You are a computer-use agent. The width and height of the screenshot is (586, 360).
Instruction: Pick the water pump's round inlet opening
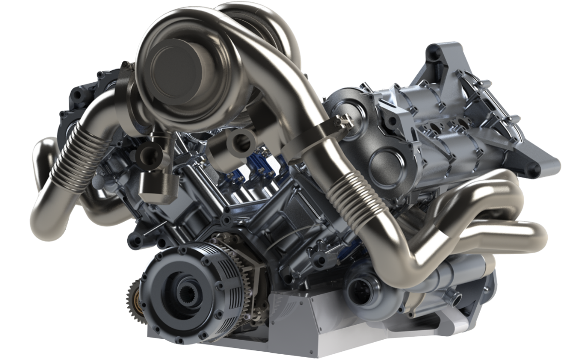point(360,288)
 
